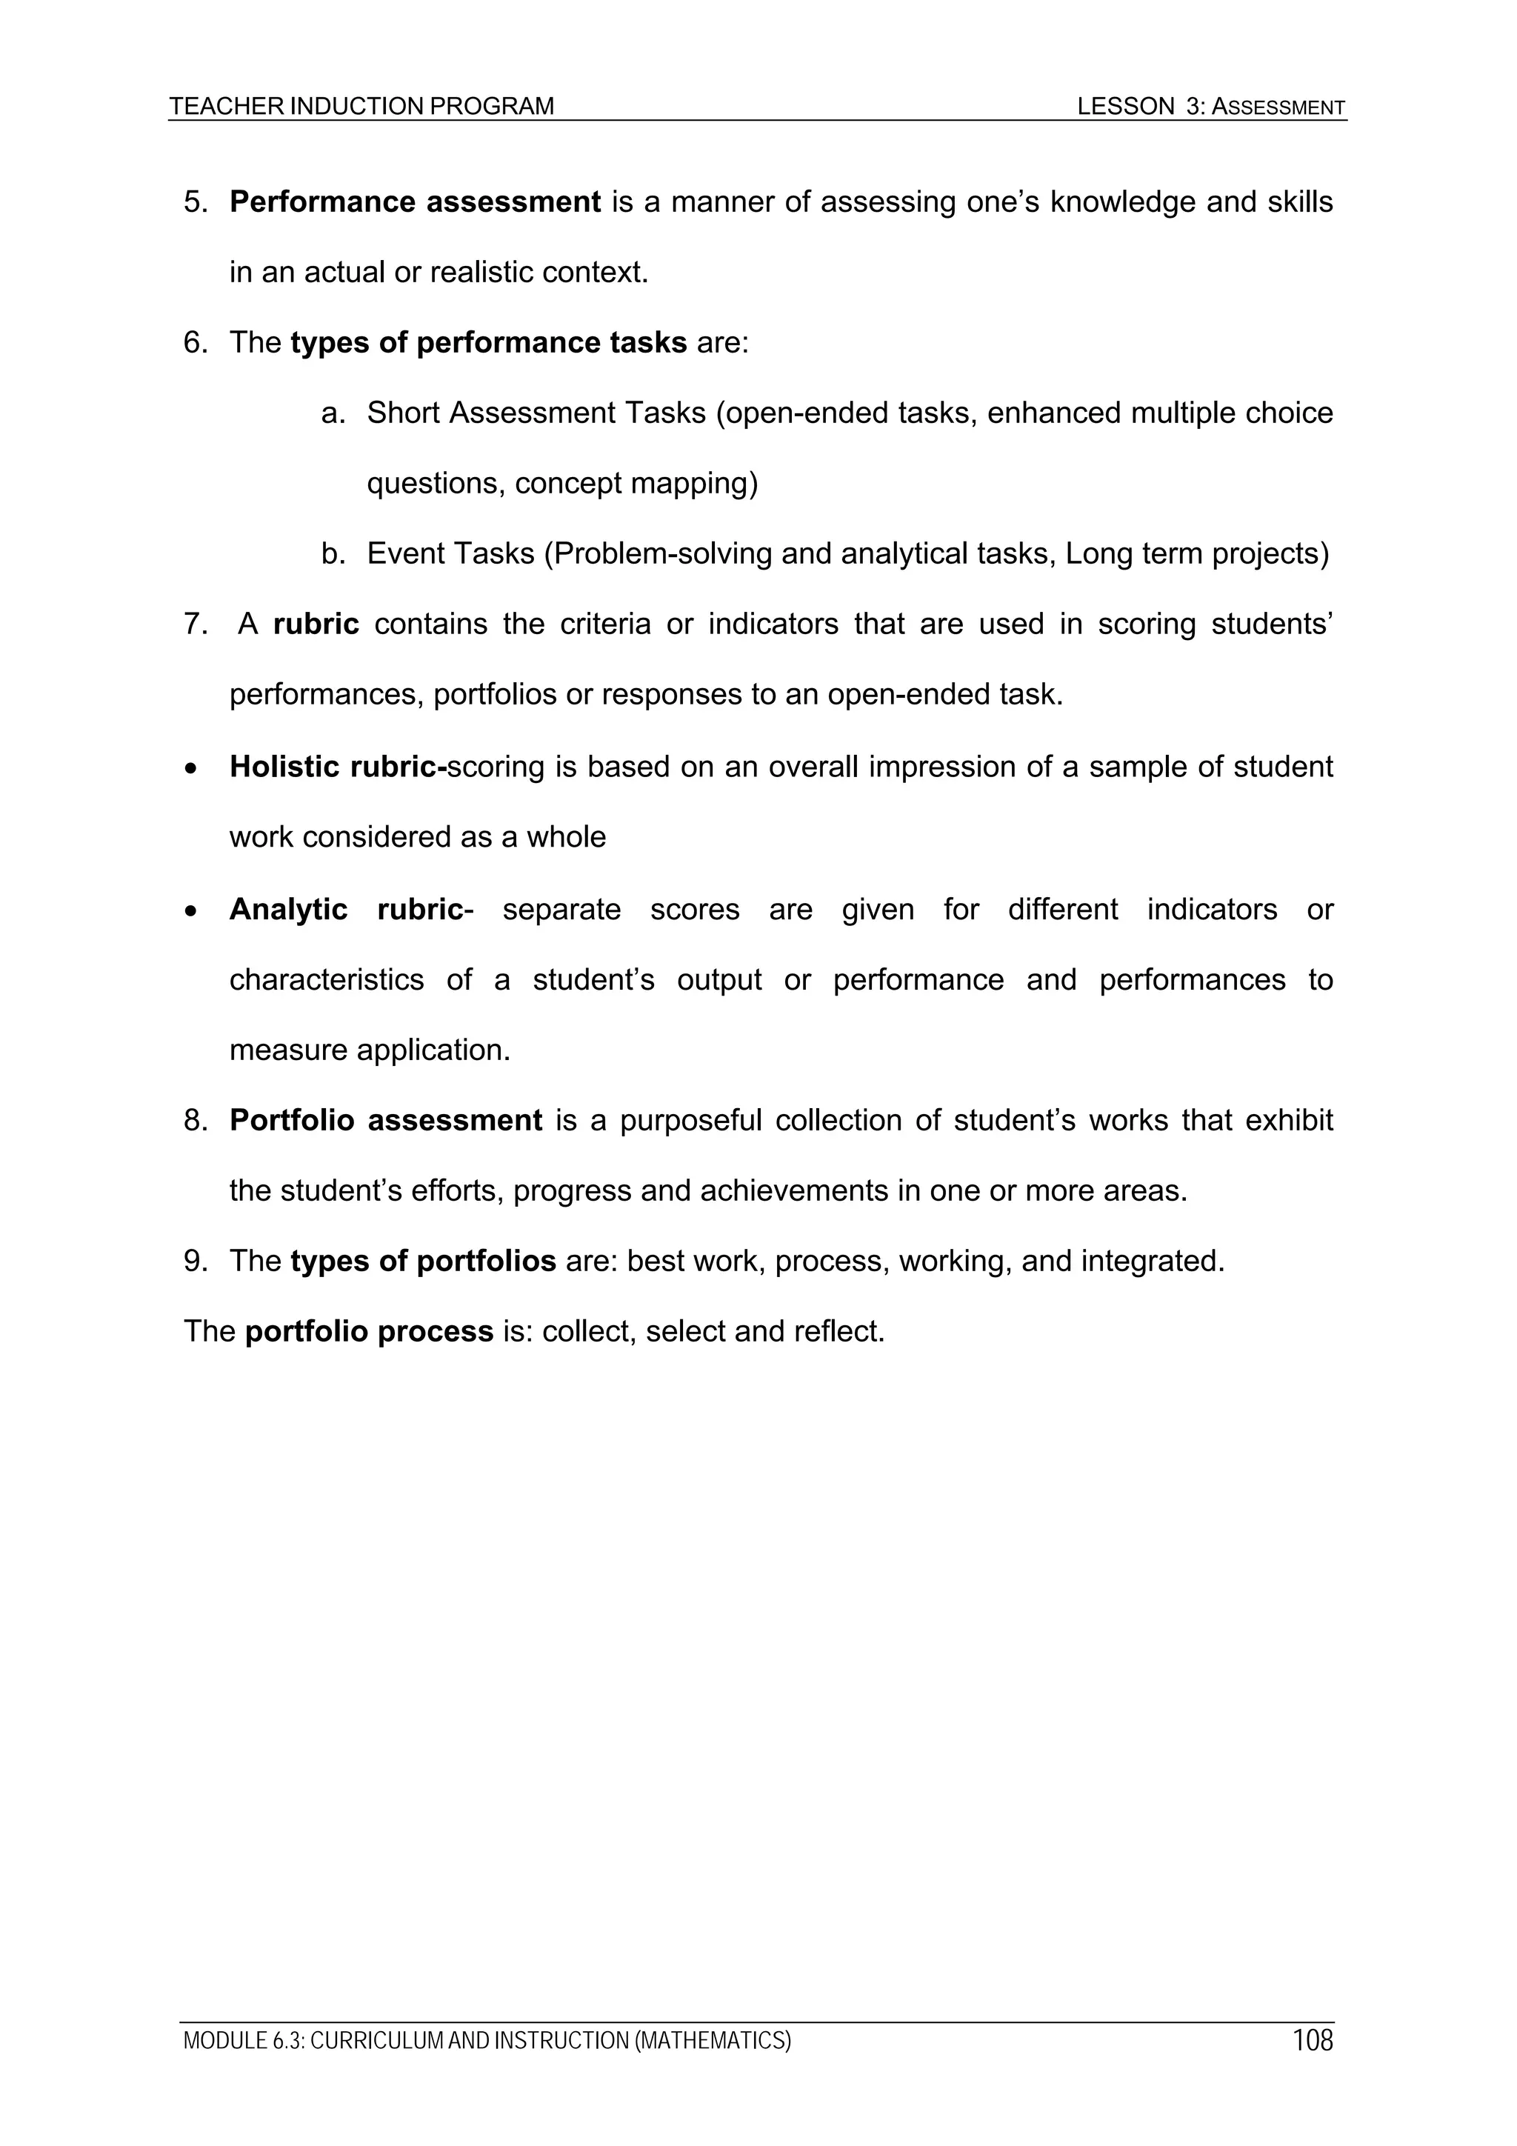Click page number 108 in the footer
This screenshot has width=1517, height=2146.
1313,2039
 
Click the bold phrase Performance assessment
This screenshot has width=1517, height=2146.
415,202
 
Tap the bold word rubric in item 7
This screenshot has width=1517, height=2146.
316,624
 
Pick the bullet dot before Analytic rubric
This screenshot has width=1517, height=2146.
192,910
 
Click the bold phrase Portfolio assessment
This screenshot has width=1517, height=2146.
385,1120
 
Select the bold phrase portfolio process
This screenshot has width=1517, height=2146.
368,1331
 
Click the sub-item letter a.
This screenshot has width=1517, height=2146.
332,413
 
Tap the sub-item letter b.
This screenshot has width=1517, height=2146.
332,554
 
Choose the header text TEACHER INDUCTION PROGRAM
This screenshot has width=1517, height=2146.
361,107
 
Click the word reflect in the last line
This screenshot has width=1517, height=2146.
838,1331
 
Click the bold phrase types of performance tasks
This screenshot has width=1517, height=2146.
488,343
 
